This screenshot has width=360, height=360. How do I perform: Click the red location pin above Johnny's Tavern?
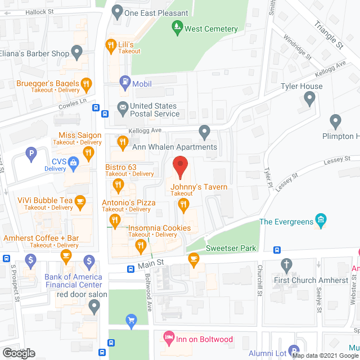(179, 166)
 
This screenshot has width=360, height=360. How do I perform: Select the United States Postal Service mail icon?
(122, 107)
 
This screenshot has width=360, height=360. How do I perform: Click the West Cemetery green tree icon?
(177, 26)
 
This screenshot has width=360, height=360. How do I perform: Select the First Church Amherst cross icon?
(286, 264)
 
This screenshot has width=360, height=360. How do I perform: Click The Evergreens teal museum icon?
(321, 219)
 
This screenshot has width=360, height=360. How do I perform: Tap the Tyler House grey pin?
(309, 100)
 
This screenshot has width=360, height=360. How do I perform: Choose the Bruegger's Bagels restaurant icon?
(85, 85)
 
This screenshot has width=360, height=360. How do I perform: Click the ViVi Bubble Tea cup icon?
(80, 201)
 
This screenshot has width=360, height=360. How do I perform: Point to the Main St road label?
(151, 263)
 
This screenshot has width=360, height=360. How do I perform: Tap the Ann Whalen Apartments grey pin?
(205, 132)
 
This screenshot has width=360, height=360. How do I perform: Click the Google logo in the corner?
(18, 353)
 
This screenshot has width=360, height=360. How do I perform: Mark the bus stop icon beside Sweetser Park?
(277, 250)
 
